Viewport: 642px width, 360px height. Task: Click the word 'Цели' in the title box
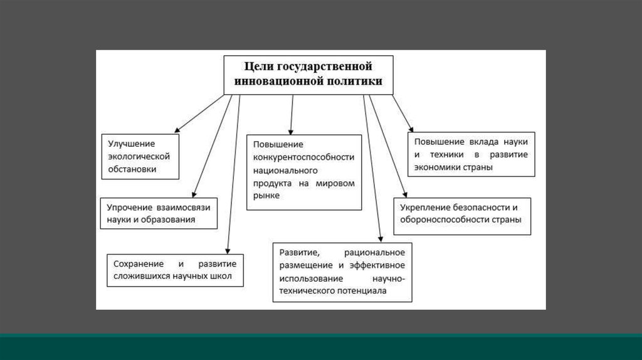coord(256,66)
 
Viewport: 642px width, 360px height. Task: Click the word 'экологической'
coord(139,156)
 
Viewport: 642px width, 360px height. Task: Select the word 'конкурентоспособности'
coord(303,157)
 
